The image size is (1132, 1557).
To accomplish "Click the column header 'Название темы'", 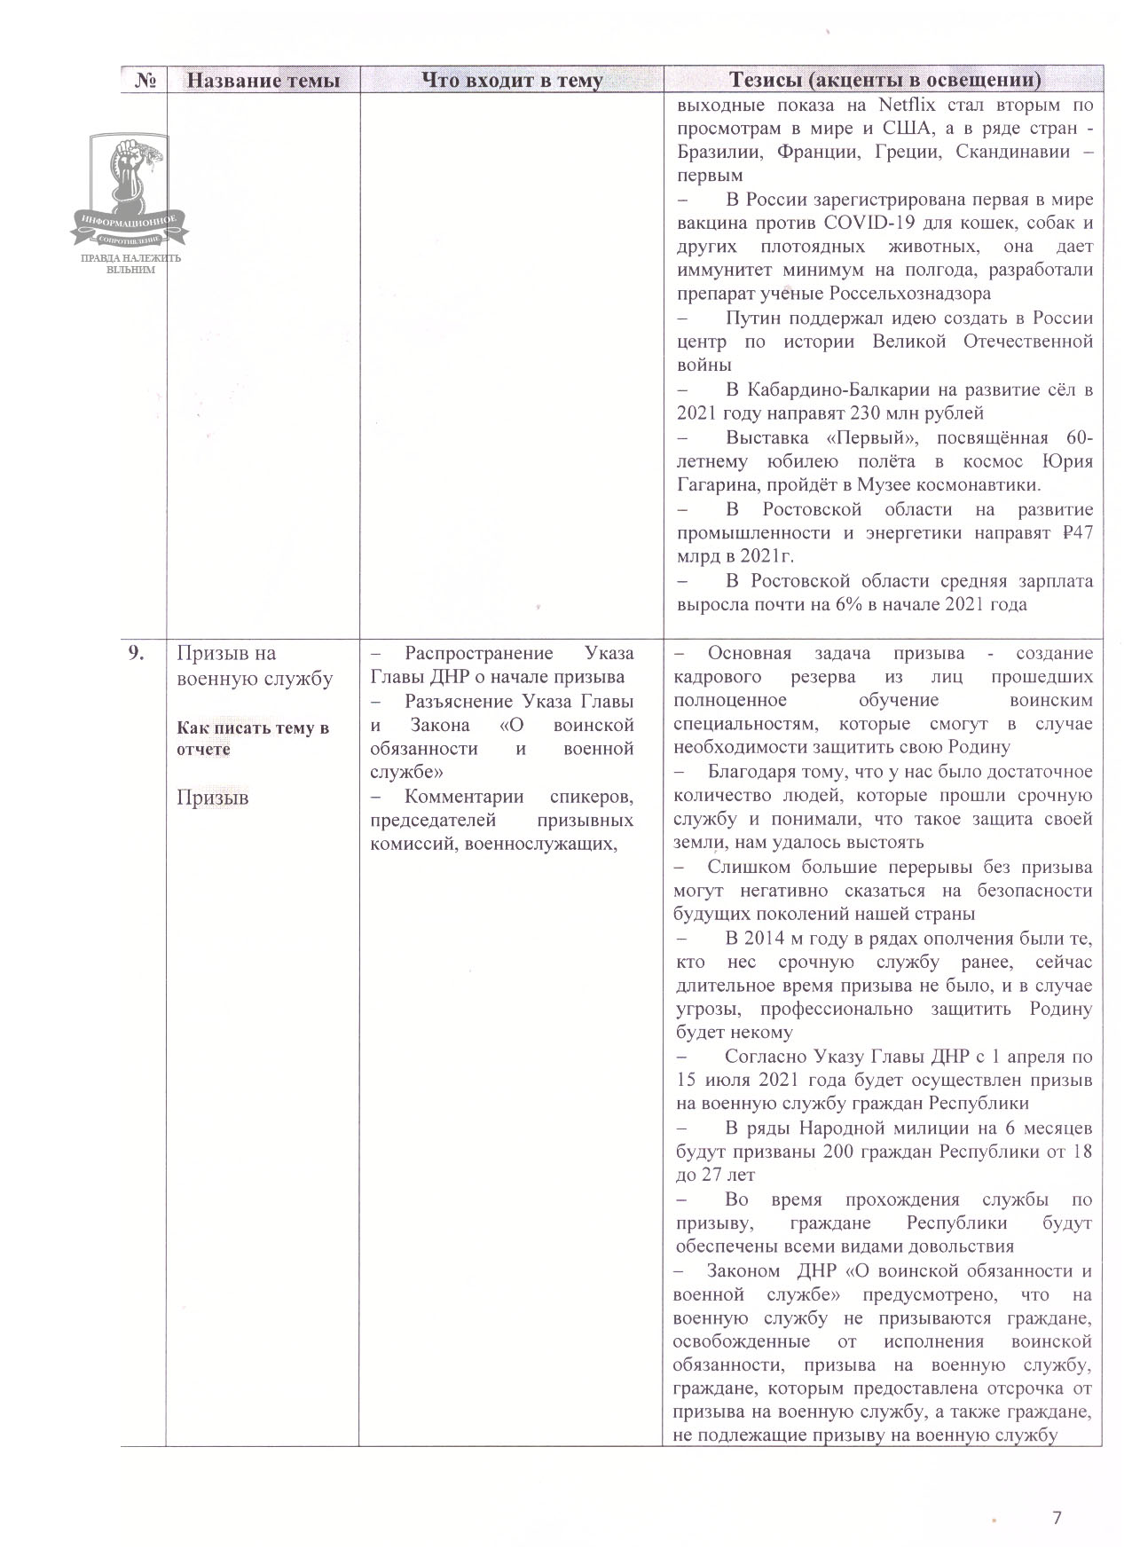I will coord(263,81).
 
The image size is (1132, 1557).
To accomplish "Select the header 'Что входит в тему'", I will coord(511,81).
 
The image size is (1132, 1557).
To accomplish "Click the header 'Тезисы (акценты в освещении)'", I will coord(884,81).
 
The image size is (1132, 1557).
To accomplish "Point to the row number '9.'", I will coord(137,654).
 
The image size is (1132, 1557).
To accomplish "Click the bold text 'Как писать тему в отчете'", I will coord(253,738).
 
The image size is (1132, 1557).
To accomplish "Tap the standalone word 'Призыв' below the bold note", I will coord(212,798).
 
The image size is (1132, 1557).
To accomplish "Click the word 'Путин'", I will coord(752,318).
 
